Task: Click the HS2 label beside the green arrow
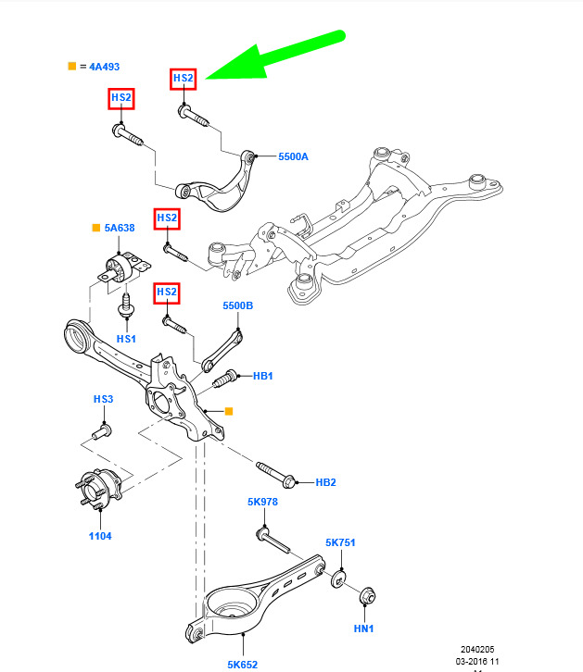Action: pos(184,79)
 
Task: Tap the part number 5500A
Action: pos(293,156)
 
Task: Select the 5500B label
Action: pos(237,305)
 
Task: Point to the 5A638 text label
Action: pos(120,227)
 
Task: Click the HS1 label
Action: pos(126,340)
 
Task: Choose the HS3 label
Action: pos(103,399)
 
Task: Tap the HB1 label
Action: pos(263,376)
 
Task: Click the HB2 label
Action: pos(325,482)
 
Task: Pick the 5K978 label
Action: pos(262,503)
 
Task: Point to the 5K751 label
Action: pos(340,542)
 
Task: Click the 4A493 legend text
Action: pos(100,67)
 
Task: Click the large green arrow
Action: pos(278,57)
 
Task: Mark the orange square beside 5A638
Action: pos(95,227)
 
